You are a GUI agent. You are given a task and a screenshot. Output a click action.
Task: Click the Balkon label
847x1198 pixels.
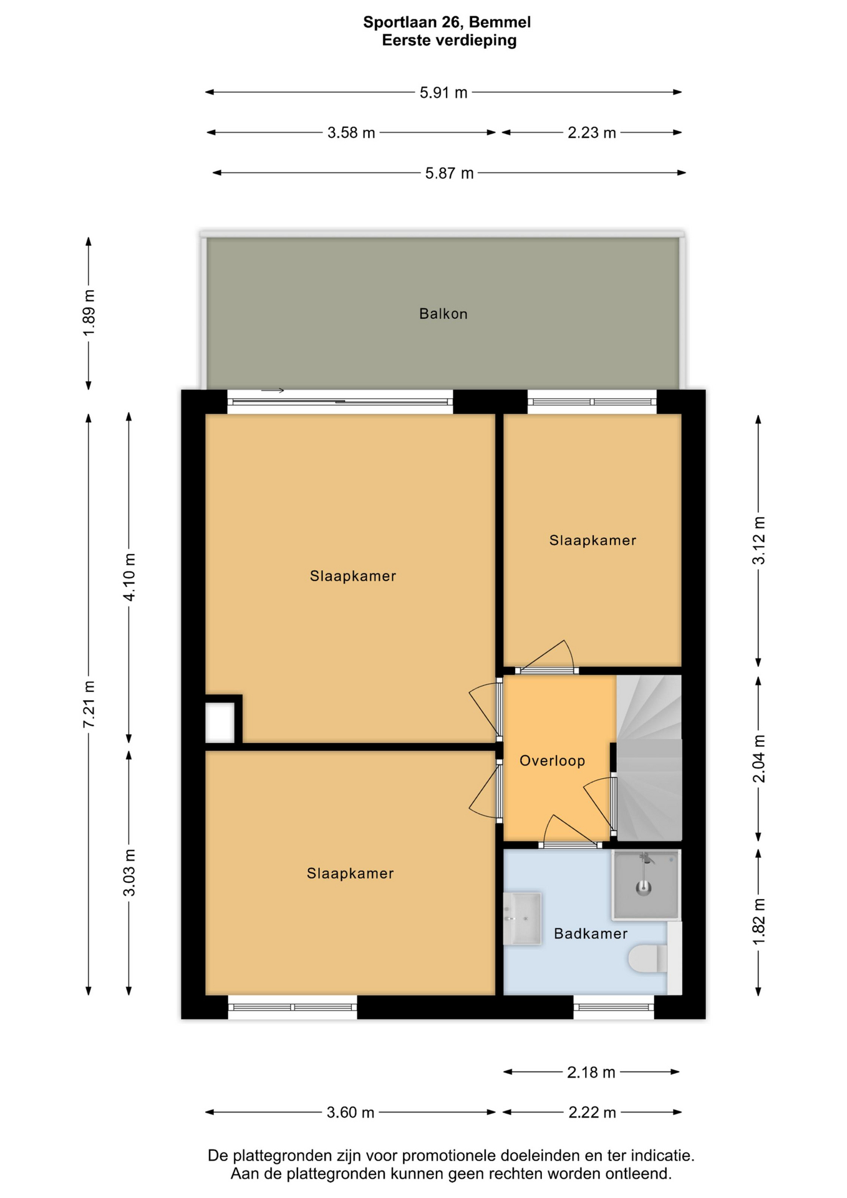pyautogui.click(x=443, y=314)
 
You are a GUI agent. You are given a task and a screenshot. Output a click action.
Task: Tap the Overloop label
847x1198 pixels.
pyautogui.click(x=552, y=761)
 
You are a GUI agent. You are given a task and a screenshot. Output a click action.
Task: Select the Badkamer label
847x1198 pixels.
pyautogui.click(x=591, y=933)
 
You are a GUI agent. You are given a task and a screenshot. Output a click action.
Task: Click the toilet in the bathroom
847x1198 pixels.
pyautogui.click(x=648, y=959)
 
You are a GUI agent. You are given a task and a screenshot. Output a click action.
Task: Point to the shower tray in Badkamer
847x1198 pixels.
pyautogui.click(x=646, y=885)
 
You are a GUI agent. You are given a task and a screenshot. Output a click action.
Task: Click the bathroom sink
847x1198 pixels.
pyautogui.click(x=522, y=918)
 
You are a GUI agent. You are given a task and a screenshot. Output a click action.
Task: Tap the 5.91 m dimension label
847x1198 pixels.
pyautogui.click(x=443, y=93)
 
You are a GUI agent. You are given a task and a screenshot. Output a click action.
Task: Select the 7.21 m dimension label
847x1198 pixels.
pyautogui.click(x=89, y=704)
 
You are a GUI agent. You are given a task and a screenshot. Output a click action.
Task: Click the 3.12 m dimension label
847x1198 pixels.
pyautogui.click(x=758, y=541)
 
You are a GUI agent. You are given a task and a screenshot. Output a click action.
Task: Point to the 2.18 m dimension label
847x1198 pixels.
pyautogui.click(x=591, y=1072)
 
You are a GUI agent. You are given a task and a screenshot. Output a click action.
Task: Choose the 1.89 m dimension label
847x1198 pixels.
pyautogui.click(x=89, y=313)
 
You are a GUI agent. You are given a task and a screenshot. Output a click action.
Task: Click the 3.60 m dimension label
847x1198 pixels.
pyautogui.click(x=351, y=1112)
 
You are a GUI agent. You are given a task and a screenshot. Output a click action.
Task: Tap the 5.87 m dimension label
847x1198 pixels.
pyautogui.click(x=449, y=173)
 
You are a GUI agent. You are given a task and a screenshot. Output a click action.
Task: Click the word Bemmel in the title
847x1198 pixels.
pyautogui.click(x=500, y=22)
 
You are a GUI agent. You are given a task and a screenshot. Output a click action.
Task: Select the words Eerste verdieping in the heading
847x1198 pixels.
pyautogui.click(x=449, y=41)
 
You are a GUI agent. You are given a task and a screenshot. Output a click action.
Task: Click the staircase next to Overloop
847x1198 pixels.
pyautogui.click(x=649, y=757)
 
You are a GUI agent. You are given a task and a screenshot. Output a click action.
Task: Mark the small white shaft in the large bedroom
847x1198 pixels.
pyautogui.click(x=220, y=722)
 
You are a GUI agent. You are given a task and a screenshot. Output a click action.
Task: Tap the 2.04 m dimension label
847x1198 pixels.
pyautogui.click(x=758, y=758)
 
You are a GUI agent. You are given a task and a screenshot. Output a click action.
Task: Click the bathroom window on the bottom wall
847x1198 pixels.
pyautogui.click(x=614, y=1006)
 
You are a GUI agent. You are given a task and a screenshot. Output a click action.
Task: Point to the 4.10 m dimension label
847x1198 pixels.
pyautogui.click(x=129, y=577)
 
